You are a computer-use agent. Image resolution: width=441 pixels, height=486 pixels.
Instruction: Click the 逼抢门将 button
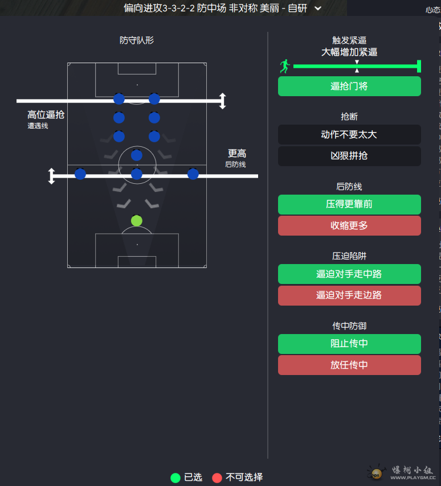349,87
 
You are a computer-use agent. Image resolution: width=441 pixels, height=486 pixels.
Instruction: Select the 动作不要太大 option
349,135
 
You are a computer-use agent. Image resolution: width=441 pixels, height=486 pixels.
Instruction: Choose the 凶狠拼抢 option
349,156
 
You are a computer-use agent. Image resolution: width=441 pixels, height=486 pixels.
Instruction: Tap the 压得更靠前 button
349,204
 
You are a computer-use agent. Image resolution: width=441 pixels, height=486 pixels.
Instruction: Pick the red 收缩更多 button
349,225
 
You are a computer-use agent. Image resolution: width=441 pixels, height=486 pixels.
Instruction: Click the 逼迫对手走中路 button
349,274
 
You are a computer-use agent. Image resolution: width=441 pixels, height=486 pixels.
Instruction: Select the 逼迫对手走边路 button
349,295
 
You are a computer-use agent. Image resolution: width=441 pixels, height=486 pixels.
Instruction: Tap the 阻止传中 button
349,344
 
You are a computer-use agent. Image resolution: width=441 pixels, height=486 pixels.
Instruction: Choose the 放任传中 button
349,365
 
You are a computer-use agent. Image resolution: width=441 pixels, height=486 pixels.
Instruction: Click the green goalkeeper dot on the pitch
137,221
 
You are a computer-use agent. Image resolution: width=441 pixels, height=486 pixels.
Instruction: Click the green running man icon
285,67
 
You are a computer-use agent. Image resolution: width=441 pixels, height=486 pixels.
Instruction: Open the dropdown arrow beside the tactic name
318,8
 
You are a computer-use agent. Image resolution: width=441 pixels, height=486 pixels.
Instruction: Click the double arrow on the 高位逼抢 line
223,101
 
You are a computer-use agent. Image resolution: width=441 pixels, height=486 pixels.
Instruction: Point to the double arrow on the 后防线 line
51,176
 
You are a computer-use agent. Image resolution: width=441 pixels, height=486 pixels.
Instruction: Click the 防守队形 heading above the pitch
137,40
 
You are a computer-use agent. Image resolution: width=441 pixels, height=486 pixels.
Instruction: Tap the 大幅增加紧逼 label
349,52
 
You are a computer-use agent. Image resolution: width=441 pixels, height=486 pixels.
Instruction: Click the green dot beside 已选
175,477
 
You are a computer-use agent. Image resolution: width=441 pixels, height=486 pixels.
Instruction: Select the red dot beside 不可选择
217,477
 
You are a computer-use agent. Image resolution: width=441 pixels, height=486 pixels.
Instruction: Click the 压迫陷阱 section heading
349,256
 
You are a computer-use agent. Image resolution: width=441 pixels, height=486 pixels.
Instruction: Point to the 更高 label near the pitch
237,154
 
